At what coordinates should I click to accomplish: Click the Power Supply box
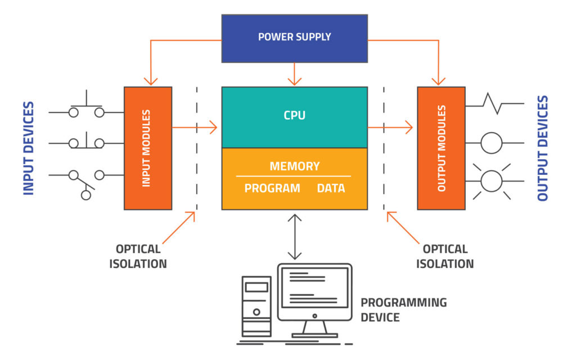tap(294, 38)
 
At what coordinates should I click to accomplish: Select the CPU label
tap(294, 116)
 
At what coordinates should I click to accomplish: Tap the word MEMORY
tap(294, 166)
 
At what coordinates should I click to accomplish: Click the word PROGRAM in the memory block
tap(272, 188)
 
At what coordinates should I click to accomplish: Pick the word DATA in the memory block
tap(331, 188)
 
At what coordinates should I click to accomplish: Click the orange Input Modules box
tap(148, 148)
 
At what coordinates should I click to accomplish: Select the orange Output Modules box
tap(441, 148)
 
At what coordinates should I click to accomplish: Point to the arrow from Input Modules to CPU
tap(195, 128)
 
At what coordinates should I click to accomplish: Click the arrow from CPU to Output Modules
tap(390, 128)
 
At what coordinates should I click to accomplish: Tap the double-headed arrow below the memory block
tap(295, 236)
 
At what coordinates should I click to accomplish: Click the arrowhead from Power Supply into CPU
tap(295, 80)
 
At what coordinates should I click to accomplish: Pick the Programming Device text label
tap(403, 310)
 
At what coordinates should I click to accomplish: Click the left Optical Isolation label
tap(138, 256)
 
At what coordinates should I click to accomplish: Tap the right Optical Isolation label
tap(445, 256)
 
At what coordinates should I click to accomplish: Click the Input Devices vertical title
tap(29, 148)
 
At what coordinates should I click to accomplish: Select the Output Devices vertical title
tap(542, 148)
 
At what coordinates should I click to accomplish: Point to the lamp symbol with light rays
tap(491, 181)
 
